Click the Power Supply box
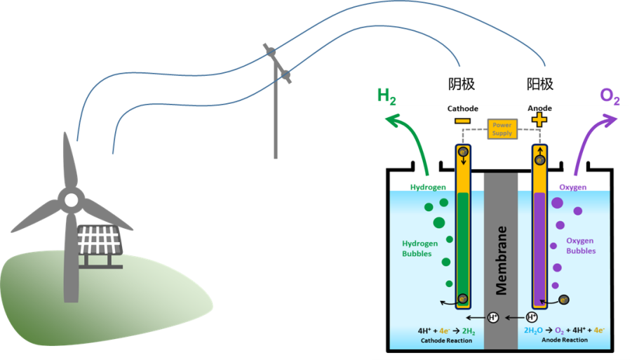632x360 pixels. (x=502, y=128)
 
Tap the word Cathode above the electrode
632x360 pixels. (x=463, y=109)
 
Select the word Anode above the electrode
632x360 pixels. (x=539, y=109)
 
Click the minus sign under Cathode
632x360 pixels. (x=462, y=121)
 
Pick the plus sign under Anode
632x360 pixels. (x=539, y=121)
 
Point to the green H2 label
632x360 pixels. (x=386, y=95)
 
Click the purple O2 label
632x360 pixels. (x=610, y=96)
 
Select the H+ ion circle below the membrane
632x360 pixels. (x=493, y=317)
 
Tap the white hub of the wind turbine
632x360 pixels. (x=71, y=201)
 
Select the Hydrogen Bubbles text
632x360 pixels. (x=420, y=248)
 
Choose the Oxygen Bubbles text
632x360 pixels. (x=581, y=246)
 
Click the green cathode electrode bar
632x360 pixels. (x=462, y=246)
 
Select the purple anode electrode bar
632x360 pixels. (x=539, y=246)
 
